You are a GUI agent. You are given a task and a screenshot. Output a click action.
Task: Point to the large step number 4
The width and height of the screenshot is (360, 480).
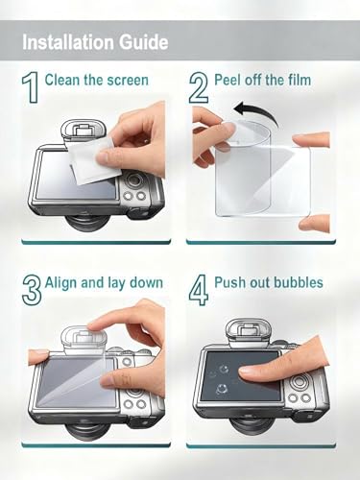tap(199, 289)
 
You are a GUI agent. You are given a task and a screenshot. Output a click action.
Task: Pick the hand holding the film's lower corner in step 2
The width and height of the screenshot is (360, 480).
tap(315, 223)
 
